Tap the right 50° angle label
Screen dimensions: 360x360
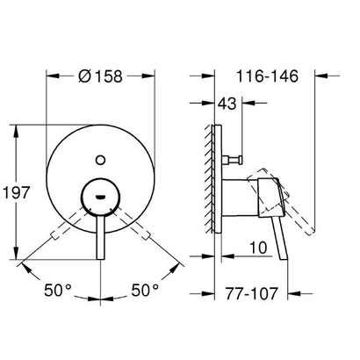145,290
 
